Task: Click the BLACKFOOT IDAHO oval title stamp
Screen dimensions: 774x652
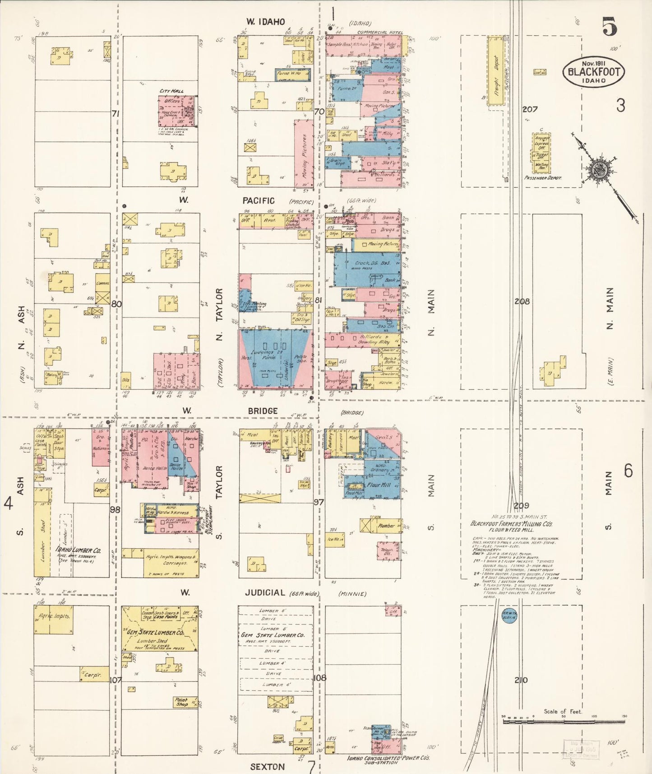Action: click(593, 71)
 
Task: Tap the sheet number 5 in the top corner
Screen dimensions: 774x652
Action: click(609, 27)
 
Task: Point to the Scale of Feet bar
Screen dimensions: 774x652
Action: click(564, 722)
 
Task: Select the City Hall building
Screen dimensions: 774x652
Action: click(177, 111)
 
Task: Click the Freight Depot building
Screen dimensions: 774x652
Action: click(495, 71)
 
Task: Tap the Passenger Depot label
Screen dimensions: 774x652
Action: click(543, 178)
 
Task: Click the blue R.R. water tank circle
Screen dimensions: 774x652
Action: click(509, 616)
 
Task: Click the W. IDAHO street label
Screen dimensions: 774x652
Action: click(265, 22)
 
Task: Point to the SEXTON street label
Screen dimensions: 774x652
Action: click(267, 767)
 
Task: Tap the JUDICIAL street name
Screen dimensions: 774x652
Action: click(265, 593)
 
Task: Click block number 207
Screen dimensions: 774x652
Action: click(530, 109)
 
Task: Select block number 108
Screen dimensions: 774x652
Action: click(319, 678)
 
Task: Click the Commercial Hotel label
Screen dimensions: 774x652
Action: click(379, 33)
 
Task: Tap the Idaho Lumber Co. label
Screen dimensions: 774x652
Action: click(78, 550)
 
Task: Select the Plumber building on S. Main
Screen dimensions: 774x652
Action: click(386, 526)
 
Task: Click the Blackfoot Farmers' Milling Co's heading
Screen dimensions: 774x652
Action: click(511, 524)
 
